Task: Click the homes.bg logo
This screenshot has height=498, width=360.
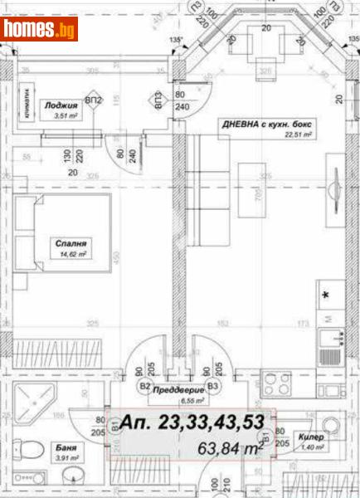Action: pyautogui.click(x=40, y=31)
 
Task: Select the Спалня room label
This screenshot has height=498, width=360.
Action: pyautogui.click(x=71, y=245)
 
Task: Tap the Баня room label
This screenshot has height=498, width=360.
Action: pyautogui.click(x=68, y=446)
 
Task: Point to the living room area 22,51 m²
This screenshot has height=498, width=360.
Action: pyautogui.click(x=296, y=134)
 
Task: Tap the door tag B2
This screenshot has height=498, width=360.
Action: pyautogui.click(x=144, y=386)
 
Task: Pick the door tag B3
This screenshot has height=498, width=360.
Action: pyautogui.click(x=213, y=386)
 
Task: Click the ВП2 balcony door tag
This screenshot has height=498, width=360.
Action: pyautogui.click(x=94, y=101)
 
